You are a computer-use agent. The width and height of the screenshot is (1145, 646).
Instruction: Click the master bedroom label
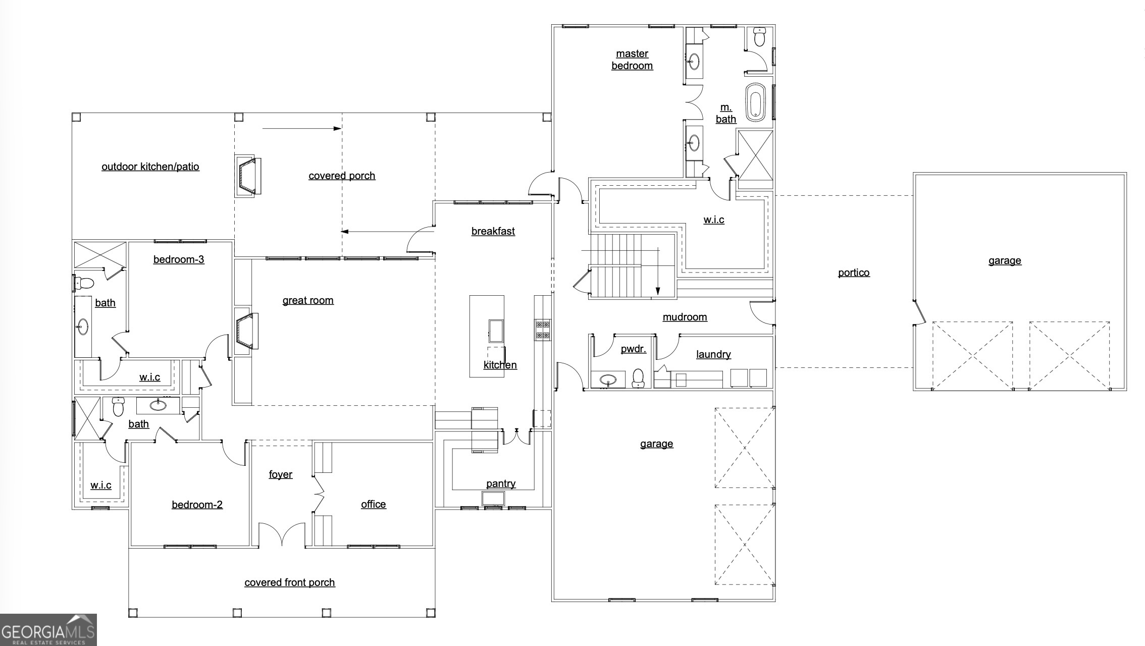[632, 60]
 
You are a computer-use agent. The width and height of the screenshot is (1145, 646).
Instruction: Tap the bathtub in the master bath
[755, 102]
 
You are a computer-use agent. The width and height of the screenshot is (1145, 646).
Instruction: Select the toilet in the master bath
[759, 36]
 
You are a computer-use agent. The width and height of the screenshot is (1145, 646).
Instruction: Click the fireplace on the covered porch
[249, 176]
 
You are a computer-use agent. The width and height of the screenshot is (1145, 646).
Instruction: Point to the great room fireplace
[247, 331]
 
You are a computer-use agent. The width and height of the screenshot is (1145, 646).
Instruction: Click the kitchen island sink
[496, 331]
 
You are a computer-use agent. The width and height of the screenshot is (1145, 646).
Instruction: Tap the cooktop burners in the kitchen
[543, 330]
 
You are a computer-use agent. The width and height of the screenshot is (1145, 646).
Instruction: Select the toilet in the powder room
[638, 378]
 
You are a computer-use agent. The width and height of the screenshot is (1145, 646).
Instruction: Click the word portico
[854, 273]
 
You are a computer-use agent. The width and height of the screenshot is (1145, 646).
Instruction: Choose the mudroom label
[685, 317]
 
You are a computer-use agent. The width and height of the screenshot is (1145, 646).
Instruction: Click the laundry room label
[713, 354]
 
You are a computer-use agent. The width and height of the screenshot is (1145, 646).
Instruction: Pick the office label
[373, 504]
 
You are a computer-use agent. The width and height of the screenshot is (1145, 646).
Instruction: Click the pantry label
[501, 483]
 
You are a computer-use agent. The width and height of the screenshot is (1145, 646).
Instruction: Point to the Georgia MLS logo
[48, 630]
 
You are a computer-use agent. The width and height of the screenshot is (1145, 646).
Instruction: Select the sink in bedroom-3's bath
[82, 327]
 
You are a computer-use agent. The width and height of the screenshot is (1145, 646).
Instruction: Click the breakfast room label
[493, 231]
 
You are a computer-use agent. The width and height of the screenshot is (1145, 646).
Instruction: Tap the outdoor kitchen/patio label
[150, 167]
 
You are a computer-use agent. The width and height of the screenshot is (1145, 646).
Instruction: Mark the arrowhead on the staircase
[658, 291]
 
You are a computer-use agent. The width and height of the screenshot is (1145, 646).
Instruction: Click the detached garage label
[1005, 260]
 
